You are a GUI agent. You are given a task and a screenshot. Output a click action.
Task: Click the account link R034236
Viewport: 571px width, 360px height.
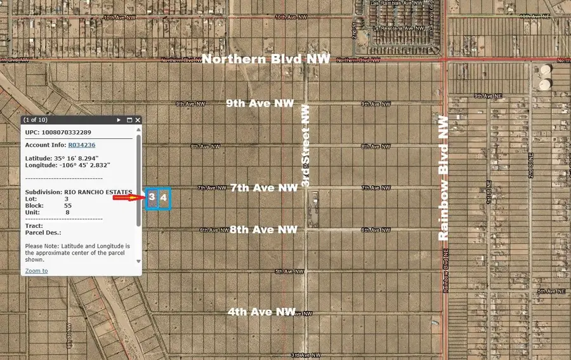point(82,145)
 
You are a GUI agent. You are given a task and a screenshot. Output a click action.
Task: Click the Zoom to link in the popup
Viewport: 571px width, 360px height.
point(36,270)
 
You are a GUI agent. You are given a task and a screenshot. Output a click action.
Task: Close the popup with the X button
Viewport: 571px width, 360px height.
point(138,120)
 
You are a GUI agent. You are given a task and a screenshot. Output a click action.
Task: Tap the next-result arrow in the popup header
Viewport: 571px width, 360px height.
point(119,120)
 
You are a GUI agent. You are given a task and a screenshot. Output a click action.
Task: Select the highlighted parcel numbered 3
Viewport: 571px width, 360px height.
point(152,197)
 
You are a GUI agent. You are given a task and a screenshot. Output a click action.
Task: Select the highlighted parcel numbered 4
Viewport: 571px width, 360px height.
point(164,197)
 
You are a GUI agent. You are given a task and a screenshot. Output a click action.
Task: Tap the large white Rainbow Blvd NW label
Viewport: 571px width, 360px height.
point(443,177)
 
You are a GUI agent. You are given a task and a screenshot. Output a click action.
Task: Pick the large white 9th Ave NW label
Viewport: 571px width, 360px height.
point(261,103)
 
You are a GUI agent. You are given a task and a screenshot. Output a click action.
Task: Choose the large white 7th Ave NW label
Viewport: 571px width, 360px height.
point(263,188)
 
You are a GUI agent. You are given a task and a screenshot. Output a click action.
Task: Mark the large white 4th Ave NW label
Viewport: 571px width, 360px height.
point(262,312)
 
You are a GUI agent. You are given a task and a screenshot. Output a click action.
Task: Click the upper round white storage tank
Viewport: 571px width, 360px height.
point(545,69)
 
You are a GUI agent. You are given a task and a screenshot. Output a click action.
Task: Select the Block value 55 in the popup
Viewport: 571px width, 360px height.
point(68,206)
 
